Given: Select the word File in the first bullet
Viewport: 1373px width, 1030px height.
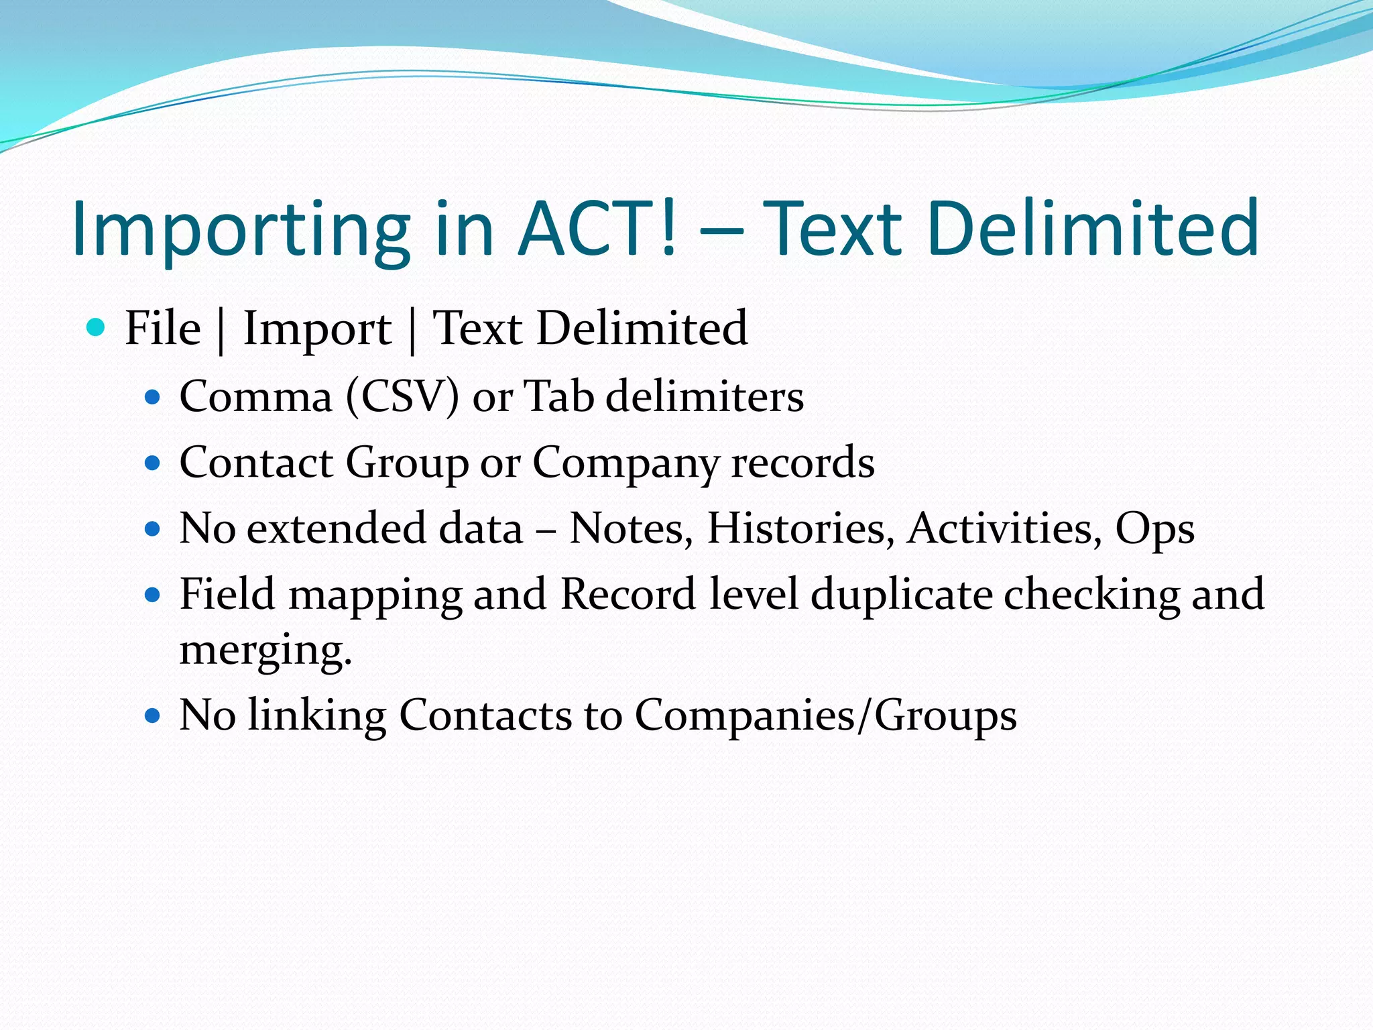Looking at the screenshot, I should coord(163,329).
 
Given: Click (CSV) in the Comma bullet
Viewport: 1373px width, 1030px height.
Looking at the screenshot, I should coord(402,396).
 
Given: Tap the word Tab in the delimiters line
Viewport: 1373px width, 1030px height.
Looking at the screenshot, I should coord(558,396).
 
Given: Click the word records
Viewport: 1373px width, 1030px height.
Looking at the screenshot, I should coord(802,463).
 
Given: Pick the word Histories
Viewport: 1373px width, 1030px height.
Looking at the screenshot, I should coord(801,528).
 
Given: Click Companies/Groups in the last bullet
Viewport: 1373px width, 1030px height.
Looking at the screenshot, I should coord(825,716).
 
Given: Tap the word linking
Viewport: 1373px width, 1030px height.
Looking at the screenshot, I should coord(317,716).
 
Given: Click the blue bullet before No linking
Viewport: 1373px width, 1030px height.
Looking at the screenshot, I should coord(153,716).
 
